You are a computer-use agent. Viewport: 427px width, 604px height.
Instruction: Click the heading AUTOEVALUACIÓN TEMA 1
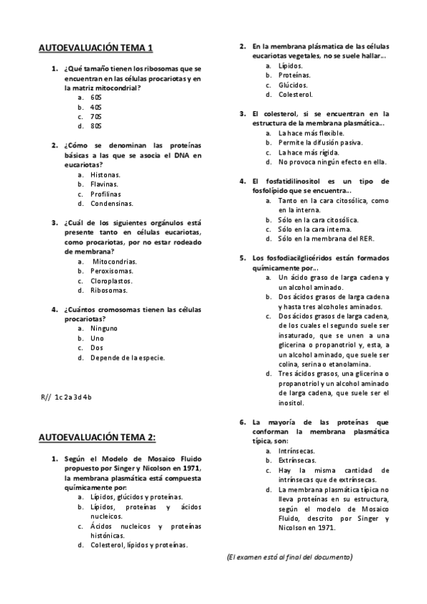coord(96,48)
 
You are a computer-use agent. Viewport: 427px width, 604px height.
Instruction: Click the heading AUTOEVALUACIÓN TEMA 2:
coord(97,437)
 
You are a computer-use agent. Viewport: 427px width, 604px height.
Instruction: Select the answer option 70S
coord(96,116)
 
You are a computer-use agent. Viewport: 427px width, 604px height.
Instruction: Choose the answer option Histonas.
coord(106,174)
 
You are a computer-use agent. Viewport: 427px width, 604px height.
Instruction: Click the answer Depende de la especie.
coord(128,358)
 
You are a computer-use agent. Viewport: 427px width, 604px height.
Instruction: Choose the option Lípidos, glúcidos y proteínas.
coord(136,497)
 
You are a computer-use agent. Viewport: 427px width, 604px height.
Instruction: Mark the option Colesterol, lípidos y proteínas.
coord(139,545)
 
